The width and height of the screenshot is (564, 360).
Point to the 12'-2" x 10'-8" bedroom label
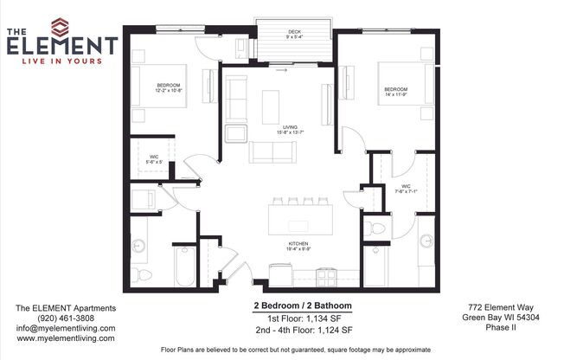coord(170,87)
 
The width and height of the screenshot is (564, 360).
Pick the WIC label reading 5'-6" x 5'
coord(154,159)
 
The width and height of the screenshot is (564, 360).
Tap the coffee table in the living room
coord(271,106)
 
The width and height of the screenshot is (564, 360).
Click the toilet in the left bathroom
coord(144,274)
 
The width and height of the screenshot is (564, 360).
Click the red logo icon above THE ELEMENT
coord(59,27)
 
